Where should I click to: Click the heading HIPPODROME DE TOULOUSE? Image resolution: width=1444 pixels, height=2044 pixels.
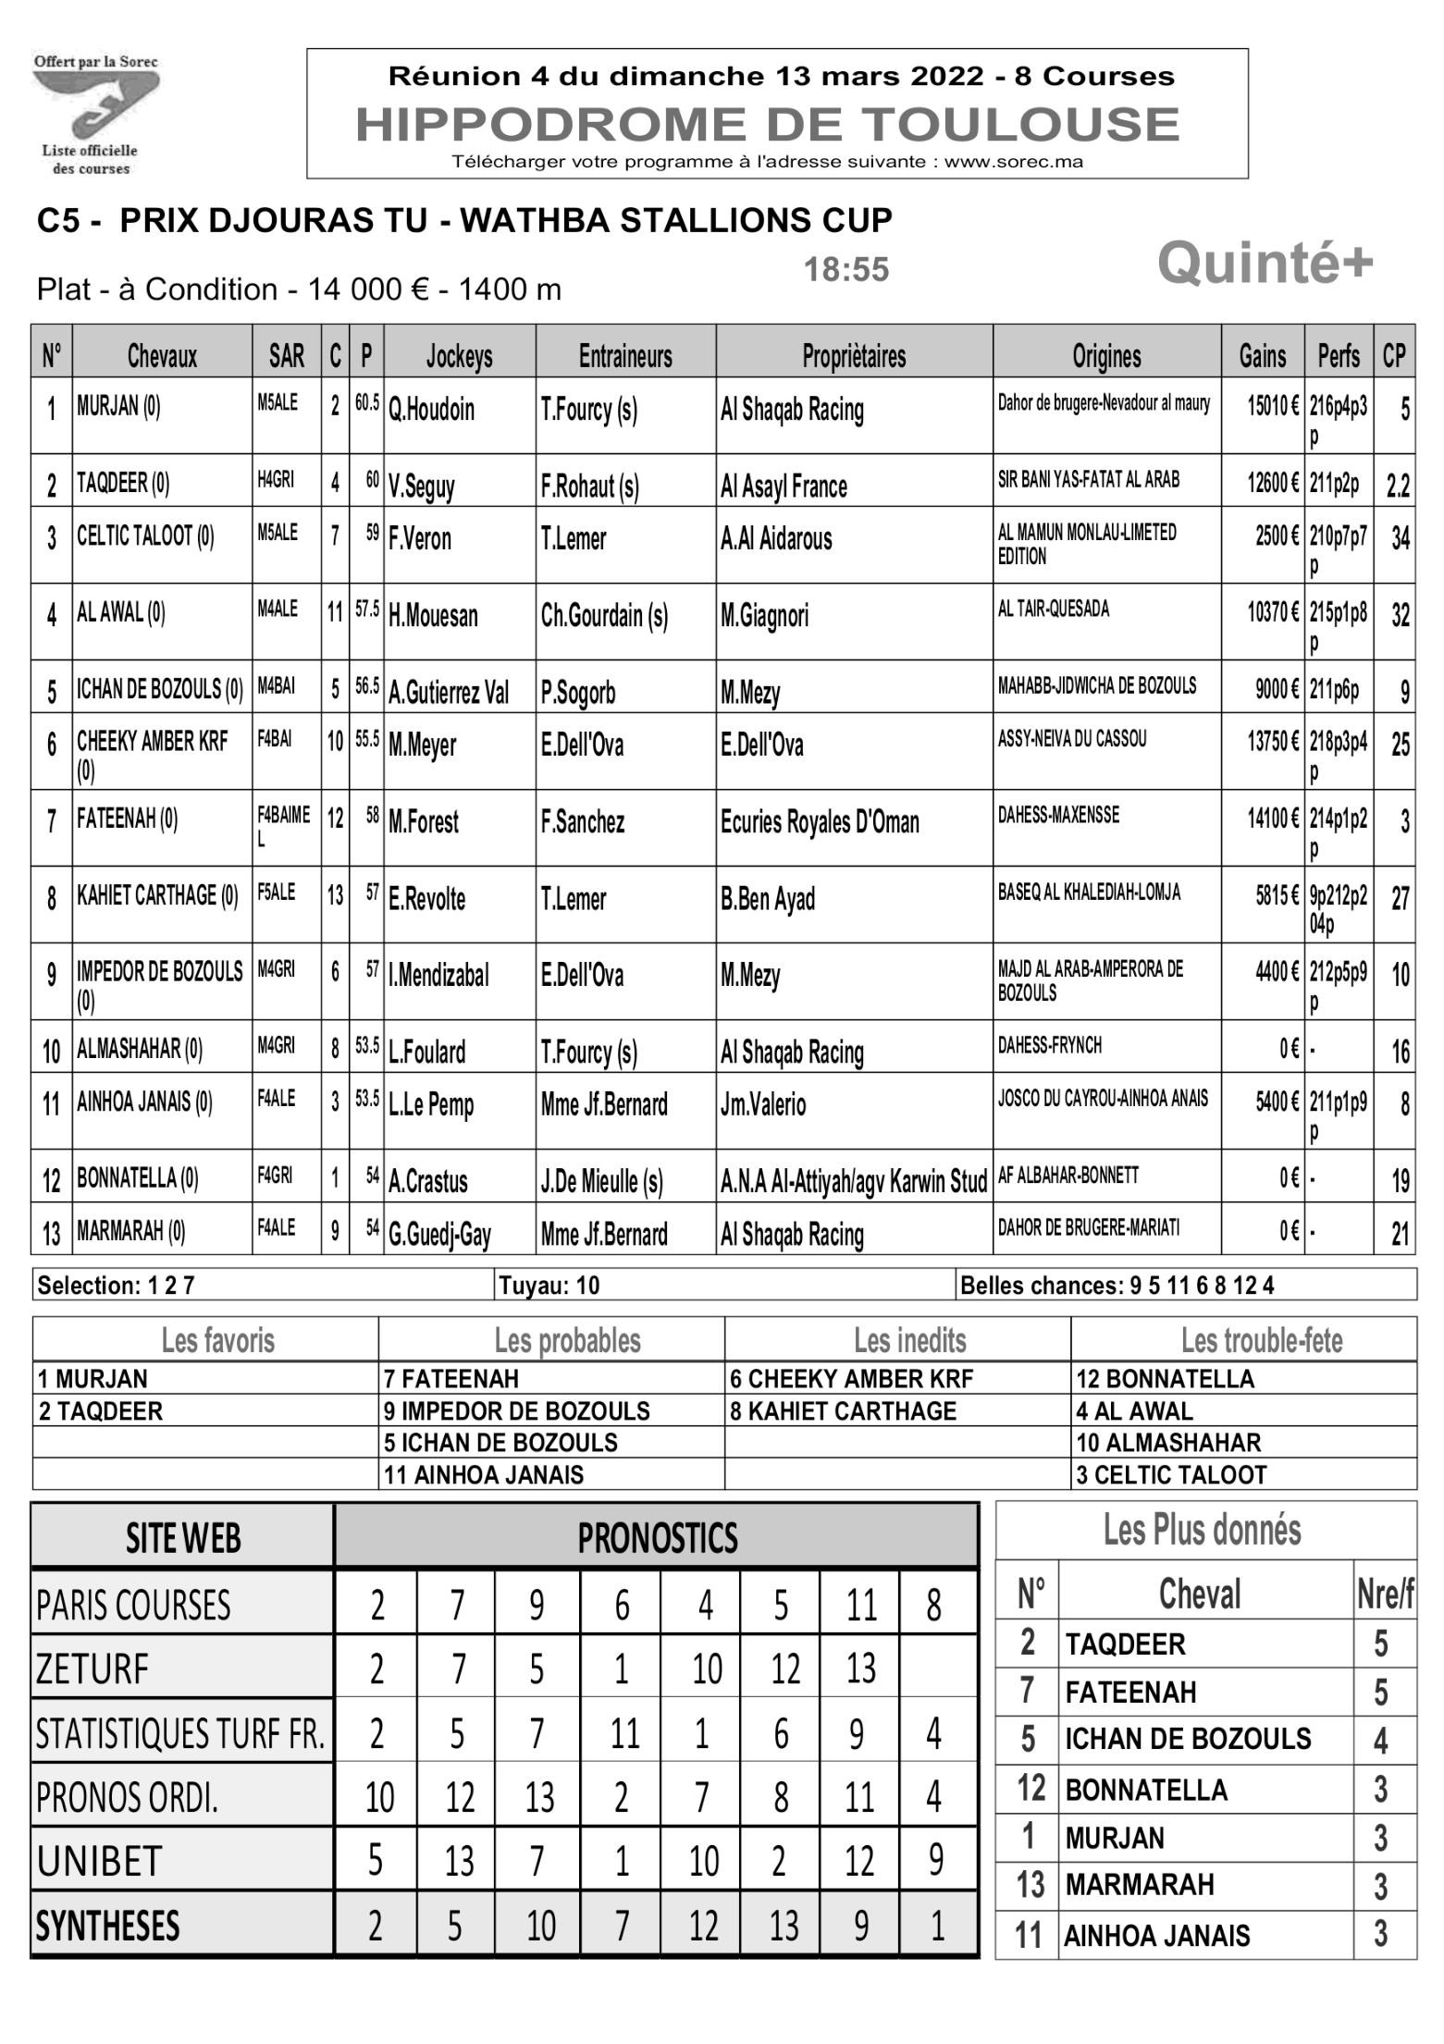click(x=767, y=125)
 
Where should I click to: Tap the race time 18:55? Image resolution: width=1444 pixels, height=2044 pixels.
click(x=845, y=270)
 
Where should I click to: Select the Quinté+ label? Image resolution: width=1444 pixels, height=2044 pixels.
click(x=1265, y=265)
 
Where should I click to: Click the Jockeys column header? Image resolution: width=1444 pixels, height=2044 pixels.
click(x=459, y=355)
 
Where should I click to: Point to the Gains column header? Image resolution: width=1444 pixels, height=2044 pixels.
click(x=1262, y=355)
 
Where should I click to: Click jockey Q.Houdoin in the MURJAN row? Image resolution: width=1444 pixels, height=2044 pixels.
click(x=431, y=410)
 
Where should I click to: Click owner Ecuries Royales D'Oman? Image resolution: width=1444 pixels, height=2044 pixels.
click(x=819, y=821)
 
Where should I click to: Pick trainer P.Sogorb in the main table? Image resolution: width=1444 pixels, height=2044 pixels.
click(x=578, y=692)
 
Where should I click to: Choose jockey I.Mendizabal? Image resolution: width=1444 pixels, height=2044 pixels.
click(x=438, y=975)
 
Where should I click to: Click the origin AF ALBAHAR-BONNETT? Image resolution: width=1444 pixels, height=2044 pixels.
click(x=1068, y=1176)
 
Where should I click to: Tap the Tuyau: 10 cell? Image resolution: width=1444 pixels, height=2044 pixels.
click(x=549, y=1286)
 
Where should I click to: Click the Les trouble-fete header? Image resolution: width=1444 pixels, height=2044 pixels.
click(x=1261, y=1340)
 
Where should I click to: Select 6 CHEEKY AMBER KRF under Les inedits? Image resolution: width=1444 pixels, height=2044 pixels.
click(x=851, y=1379)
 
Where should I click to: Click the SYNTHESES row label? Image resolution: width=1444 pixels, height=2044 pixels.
click(x=107, y=1927)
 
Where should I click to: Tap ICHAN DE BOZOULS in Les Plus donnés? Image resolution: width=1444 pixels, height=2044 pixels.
click(x=1187, y=1740)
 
